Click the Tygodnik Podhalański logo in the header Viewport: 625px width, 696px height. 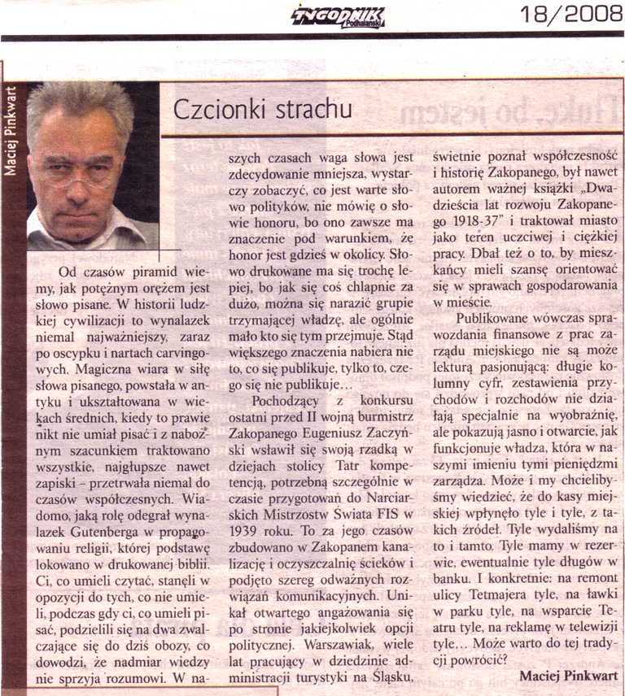[339, 15]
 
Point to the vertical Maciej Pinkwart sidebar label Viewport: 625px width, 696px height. [11, 130]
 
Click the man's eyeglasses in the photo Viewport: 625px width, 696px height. [77, 171]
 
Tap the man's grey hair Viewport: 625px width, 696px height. [81, 102]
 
